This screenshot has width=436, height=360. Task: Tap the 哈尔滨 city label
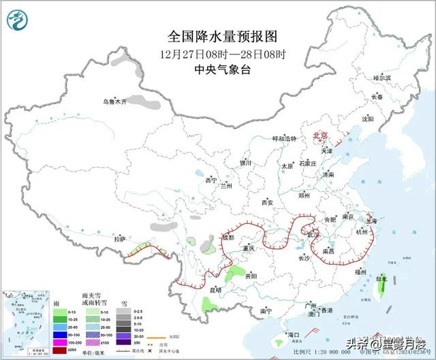coord(383,78)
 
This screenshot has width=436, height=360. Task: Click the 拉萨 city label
coord(120,239)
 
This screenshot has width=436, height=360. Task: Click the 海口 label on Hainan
coord(294,335)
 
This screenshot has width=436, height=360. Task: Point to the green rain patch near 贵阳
coord(235,274)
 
